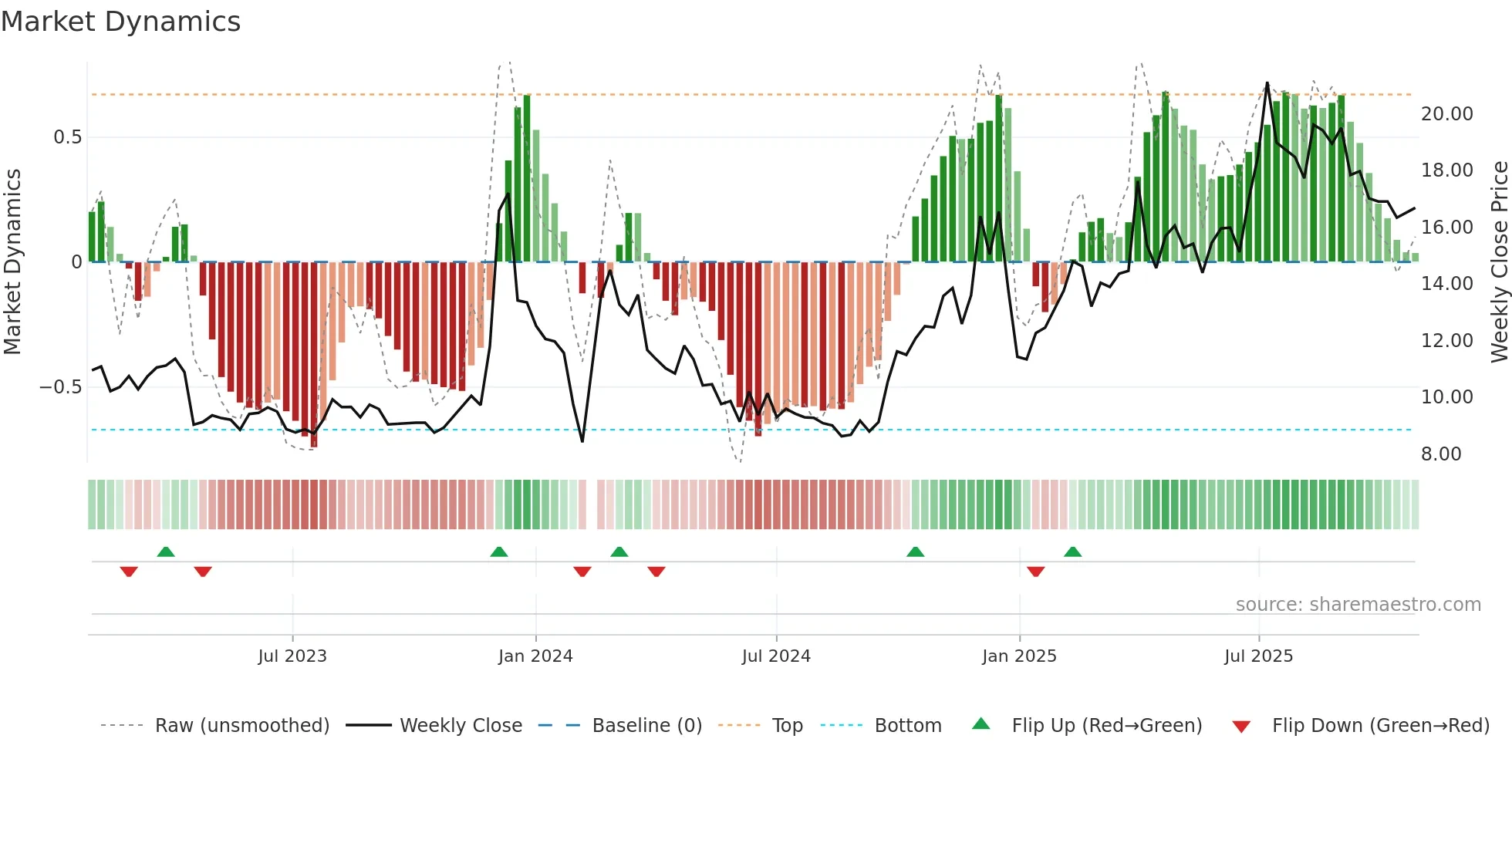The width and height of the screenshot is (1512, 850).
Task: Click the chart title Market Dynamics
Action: [x=121, y=22]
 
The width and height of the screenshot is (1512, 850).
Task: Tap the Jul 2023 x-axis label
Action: [x=292, y=656]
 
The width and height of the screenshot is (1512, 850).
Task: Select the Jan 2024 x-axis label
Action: [x=535, y=656]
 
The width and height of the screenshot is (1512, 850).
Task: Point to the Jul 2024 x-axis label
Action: [x=776, y=656]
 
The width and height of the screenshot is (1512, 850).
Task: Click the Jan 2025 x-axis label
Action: [x=1019, y=656]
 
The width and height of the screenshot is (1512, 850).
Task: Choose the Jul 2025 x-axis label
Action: [x=1258, y=656]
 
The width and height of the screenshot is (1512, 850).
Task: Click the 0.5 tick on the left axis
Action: [x=67, y=137]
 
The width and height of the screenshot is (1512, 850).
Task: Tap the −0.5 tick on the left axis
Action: [x=61, y=387]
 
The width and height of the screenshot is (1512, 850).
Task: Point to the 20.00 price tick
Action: [x=1446, y=114]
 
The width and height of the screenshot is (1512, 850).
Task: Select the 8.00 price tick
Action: [x=1441, y=454]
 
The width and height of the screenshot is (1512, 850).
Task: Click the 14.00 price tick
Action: [x=1446, y=284]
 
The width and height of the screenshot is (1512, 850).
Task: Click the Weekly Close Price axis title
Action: [x=1499, y=262]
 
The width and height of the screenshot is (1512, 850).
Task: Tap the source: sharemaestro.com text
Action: [x=1358, y=605]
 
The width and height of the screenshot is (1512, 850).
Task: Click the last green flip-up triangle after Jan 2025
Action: [x=1072, y=551]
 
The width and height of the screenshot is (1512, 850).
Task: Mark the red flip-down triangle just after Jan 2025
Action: [x=1036, y=572]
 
